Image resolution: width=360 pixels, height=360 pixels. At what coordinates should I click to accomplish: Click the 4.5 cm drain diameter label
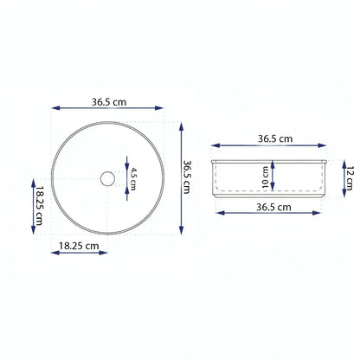click(132, 179)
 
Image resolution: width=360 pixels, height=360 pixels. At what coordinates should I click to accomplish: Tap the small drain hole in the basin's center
click(107, 179)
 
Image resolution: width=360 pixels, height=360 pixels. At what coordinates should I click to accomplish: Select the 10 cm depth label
click(266, 177)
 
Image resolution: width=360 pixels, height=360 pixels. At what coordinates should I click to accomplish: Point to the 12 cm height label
click(350, 178)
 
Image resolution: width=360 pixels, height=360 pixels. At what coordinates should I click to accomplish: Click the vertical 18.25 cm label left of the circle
click(39, 205)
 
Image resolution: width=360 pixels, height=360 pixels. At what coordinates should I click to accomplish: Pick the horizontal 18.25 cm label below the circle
click(79, 246)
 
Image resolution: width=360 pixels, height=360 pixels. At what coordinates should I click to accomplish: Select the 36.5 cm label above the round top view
click(109, 102)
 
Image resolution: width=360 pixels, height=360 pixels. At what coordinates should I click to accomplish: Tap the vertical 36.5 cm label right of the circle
click(187, 177)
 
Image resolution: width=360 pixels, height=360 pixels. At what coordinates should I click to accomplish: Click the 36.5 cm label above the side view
click(275, 138)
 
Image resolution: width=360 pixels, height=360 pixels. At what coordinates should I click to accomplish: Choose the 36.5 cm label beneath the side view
click(273, 207)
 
